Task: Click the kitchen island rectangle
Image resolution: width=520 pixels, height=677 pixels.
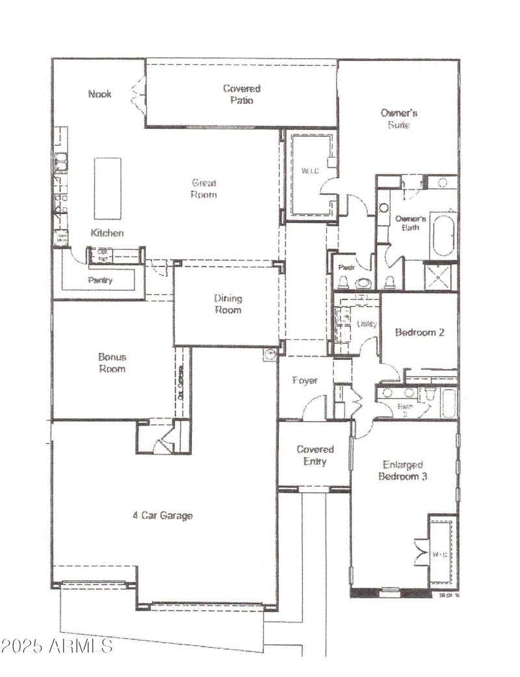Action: (107, 188)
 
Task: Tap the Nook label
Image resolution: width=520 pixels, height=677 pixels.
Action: (99, 94)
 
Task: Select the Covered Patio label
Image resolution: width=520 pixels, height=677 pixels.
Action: (241, 94)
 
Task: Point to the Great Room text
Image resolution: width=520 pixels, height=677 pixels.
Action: (203, 188)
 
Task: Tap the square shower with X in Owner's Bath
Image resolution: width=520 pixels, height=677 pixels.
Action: (441, 276)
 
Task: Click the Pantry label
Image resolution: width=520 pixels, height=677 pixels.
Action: (100, 281)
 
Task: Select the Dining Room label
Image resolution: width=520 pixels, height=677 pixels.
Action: (227, 304)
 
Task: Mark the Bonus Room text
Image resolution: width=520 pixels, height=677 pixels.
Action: (112, 363)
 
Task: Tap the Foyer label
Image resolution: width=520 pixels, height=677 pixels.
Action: (304, 380)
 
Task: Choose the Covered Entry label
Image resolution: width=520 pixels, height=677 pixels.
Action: (315, 455)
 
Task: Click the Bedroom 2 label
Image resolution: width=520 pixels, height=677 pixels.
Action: (419, 332)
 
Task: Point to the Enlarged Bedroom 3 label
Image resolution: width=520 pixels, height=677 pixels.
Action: (403, 470)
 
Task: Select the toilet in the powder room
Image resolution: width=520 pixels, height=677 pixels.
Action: (343, 282)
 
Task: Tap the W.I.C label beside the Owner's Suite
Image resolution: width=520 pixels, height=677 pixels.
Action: (308, 172)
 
